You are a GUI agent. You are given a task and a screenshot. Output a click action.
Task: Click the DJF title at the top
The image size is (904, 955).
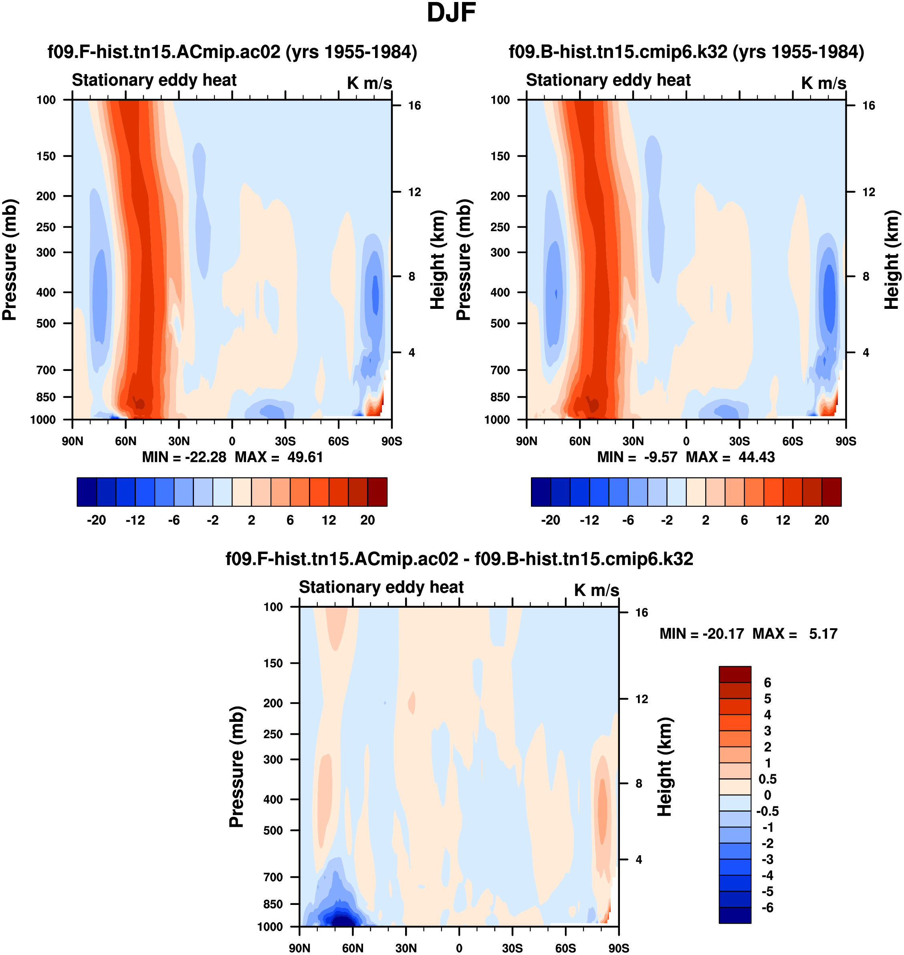pos(451,13)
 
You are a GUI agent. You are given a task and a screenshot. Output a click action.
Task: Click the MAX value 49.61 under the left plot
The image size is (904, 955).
pos(305,457)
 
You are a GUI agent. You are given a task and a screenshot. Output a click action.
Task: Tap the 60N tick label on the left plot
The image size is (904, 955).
pos(126,441)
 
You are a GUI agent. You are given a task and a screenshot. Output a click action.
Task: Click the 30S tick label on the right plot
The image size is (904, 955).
pos(739,441)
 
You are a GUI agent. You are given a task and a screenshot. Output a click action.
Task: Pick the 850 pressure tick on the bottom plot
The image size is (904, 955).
pos(273,904)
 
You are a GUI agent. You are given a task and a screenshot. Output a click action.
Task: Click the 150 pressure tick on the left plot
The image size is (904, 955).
pos(46,156)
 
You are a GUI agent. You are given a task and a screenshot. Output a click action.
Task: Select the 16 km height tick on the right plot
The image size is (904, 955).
pos(868,105)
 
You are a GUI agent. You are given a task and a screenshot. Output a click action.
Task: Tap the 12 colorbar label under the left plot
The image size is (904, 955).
pos(329,520)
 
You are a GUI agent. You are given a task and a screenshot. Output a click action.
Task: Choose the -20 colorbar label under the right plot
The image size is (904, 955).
pos(550,520)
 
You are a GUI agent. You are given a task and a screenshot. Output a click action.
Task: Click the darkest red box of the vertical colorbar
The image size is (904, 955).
pos(735,675)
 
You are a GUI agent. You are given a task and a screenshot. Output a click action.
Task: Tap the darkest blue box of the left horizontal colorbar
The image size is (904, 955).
pos(87,492)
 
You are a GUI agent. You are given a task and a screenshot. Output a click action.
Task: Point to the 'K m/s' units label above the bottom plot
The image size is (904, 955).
pos(596,590)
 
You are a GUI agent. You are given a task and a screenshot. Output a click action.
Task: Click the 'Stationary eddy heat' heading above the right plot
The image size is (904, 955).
pos(608,80)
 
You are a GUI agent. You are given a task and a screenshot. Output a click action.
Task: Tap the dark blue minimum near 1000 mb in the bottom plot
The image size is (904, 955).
pos(341,921)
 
